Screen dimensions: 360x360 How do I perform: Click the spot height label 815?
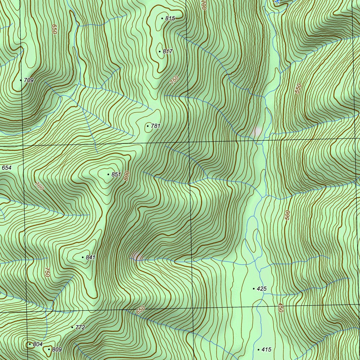(170, 18)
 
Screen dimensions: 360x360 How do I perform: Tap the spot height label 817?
(168, 51)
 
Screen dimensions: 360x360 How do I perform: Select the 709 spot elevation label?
(29, 81)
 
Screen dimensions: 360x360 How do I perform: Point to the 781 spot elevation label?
(155, 126)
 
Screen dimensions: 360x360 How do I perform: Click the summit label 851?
(116, 174)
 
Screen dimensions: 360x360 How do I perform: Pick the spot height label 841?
(90, 257)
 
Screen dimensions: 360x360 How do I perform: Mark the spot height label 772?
(80, 327)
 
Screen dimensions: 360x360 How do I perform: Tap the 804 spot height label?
(38, 344)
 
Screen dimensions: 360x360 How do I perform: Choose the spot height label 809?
(57, 349)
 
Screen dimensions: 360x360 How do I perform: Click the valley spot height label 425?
(262, 289)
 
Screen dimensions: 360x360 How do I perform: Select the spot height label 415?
(266, 349)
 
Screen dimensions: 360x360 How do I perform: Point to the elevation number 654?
(7, 168)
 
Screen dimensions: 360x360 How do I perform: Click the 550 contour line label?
(298, 88)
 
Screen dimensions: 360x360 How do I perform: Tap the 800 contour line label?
(127, 175)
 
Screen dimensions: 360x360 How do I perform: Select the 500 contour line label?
(288, 215)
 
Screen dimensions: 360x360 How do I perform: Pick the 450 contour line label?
(280, 308)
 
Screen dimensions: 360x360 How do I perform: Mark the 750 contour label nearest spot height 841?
(47, 272)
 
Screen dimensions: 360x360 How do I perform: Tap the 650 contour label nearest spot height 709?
(54, 29)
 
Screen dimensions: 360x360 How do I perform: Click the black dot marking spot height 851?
(108, 174)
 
